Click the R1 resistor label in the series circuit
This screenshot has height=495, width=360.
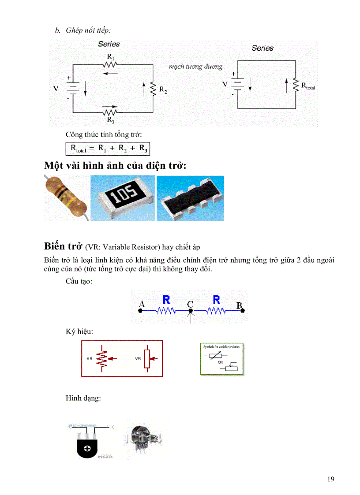111,57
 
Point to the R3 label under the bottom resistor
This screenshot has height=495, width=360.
111,119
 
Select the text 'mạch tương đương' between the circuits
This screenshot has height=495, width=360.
195,67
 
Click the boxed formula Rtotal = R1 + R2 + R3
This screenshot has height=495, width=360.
109,149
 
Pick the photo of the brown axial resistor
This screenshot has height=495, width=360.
66,197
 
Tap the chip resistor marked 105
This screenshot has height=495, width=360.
123,197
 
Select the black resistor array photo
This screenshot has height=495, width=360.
191,198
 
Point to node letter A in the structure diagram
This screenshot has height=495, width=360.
142,304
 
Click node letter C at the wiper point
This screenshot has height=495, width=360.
190,304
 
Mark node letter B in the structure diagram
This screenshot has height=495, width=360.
240,305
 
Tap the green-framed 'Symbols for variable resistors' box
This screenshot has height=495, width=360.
222,359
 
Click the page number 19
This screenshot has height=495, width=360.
331,479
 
